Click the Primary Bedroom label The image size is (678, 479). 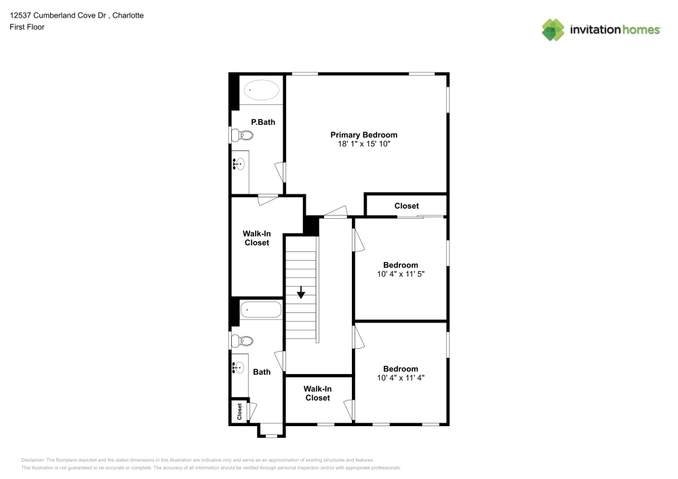363,135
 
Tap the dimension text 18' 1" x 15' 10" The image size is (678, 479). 363,144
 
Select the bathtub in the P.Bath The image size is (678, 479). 262,89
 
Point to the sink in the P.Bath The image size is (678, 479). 239,163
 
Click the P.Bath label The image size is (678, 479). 262,122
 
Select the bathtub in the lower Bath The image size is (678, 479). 261,310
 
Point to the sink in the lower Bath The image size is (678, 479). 238,368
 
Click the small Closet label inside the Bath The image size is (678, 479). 239,411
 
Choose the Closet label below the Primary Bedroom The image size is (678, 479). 407,206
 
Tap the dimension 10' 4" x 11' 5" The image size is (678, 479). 400,274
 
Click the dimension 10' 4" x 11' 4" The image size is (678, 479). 400,378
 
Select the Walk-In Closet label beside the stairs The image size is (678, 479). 256,238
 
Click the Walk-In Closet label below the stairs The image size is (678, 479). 317,394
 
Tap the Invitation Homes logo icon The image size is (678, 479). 553,29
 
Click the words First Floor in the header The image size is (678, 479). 27,27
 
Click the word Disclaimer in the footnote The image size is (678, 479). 33,459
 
